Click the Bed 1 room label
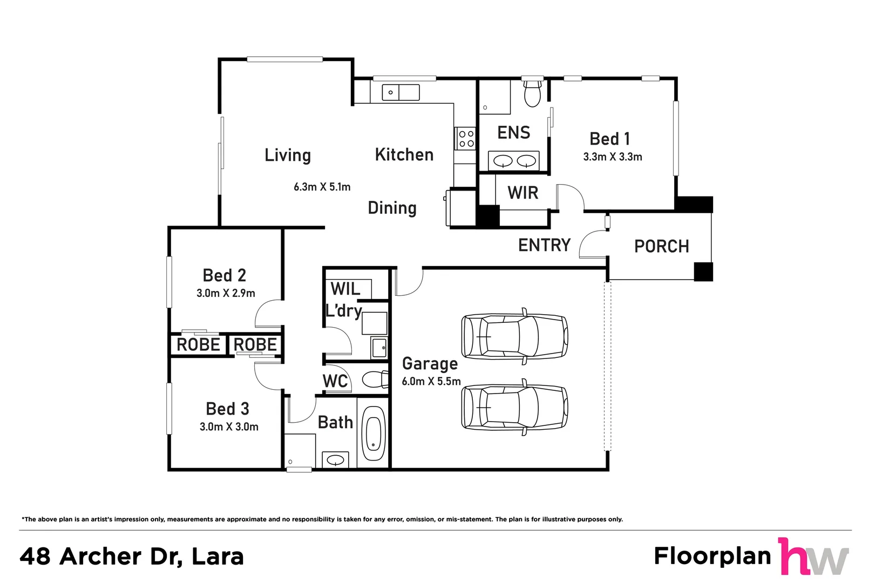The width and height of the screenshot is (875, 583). [x=609, y=139]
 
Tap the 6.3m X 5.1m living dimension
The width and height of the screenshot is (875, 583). [x=322, y=187]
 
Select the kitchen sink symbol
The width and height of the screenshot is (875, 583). [x=401, y=92]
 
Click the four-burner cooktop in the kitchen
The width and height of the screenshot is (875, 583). [x=466, y=138]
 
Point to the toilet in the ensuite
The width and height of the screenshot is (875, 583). [x=532, y=94]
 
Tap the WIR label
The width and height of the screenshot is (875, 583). [x=523, y=193]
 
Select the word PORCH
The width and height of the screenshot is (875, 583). [x=661, y=247]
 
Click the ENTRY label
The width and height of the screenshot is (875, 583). [x=544, y=245]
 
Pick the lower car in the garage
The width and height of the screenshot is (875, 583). [x=514, y=407]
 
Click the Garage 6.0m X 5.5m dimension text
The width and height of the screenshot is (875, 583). [x=431, y=381]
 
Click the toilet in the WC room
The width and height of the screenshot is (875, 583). [x=375, y=379]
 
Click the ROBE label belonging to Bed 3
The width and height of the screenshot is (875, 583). [x=255, y=344]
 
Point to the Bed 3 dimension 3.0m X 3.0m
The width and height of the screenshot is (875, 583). [x=229, y=426]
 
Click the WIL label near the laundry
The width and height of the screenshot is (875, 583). [x=345, y=289]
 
